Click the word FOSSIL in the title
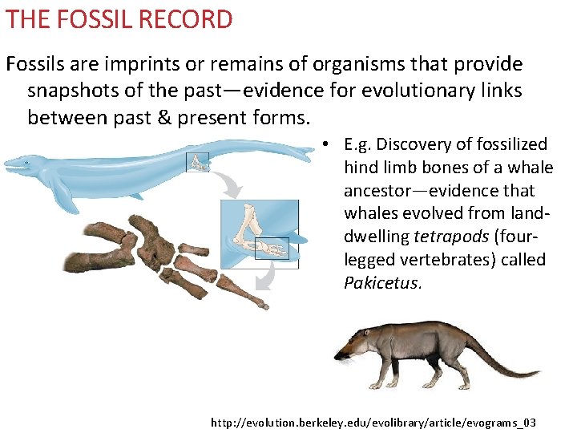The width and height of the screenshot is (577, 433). coord(96,19)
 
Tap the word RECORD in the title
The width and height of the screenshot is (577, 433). coord(192,19)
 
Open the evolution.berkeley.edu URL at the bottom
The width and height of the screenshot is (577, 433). coord(373,422)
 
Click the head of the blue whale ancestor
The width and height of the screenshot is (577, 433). coord(24,166)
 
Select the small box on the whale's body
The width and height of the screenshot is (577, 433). coord(197,162)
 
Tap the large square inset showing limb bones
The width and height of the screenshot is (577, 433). coord(259,233)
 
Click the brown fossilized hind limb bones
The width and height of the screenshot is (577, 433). coord(160,257)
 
